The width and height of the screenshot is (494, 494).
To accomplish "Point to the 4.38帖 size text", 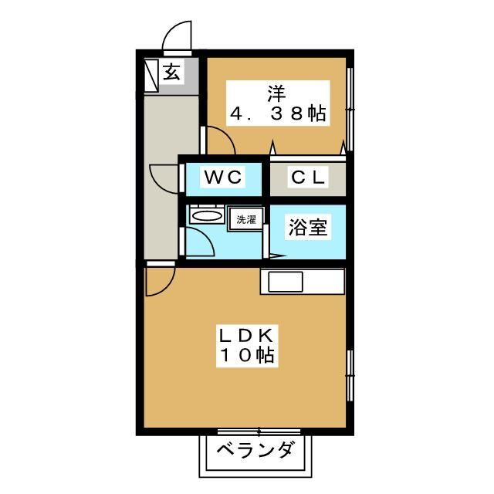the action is tap(277, 115).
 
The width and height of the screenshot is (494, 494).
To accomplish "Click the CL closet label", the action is tap(307, 178).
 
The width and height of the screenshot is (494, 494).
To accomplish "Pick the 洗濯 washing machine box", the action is tap(246, 219).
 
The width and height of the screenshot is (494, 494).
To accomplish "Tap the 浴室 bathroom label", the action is tap(308, 228).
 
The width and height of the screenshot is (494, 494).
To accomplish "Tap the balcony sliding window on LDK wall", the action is tap(246, 432).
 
